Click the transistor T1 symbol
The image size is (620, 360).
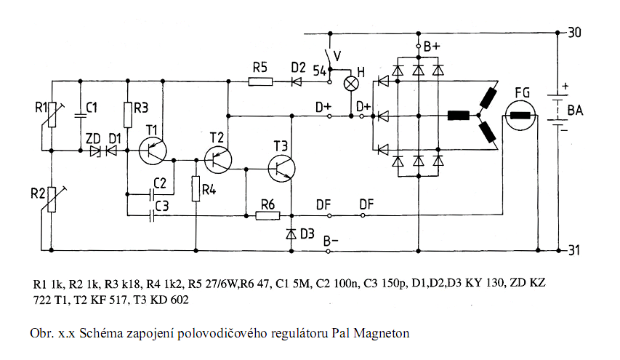153,151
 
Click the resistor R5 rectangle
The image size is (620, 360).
260,81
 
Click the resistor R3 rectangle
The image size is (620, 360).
127,114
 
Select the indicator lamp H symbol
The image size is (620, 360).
351,82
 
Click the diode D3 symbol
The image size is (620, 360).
291,233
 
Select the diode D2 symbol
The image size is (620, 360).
297,81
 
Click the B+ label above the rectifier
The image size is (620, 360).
432,47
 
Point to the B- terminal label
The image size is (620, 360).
332,239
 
